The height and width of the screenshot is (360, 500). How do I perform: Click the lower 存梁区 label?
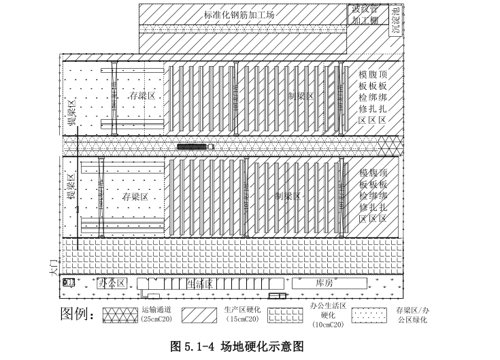(135, 197)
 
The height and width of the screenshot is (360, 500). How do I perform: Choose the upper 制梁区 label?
(300, 96)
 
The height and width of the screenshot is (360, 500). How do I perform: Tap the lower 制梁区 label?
(288, 196)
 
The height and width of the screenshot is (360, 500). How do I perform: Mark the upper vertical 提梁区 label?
(70, 113)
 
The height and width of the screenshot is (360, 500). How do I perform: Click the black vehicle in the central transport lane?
(191, 146)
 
